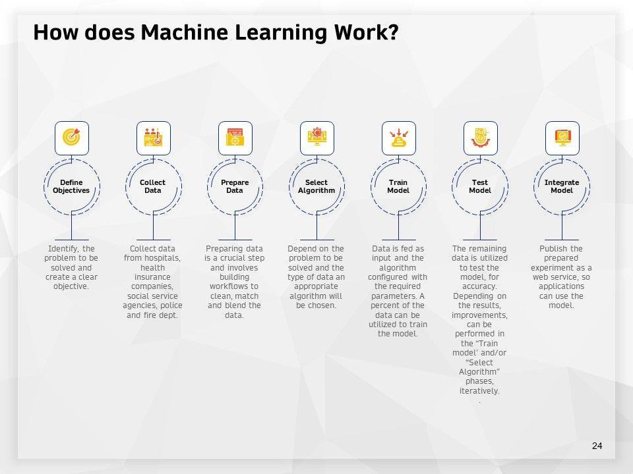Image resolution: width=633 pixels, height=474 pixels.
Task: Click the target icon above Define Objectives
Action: pyautogui.click(x=71, y=138)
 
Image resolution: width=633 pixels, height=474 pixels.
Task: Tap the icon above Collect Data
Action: pyautogui.click(x=153, y=138)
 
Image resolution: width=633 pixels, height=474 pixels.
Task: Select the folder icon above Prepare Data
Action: pyautogui.click(x=235, y=138)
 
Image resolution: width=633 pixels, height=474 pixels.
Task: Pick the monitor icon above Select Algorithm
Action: pyautogui.click(x=316, y=138)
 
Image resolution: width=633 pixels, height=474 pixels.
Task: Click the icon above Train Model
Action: pyautogui.click(x=398, y=138)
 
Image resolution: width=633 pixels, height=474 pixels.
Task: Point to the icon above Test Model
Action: pyautogui.click(x=480, y=138)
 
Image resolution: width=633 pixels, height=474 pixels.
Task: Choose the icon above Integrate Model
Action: pyautogui.click(x=562, y=138)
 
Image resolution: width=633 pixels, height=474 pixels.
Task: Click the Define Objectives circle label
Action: pyautogui.click(x=71, y=186)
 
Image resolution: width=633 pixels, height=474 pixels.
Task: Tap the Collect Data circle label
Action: pyautogui.click(x=153, y=186)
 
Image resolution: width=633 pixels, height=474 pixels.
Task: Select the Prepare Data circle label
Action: pyautogui.click(x=235, y=186)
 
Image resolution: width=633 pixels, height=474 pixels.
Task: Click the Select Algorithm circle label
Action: pyautogui.click(x=316, y=186)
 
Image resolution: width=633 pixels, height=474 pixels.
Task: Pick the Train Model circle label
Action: pyautogui.click(x=398, y=186)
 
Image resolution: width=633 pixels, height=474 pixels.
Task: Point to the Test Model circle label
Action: pyautogui.click(x=480, y=186)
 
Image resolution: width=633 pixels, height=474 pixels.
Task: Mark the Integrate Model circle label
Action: pyautogui.click(x=562, y=186)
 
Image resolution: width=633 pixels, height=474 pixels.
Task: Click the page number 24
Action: pyautogui.click(x=597, y=446)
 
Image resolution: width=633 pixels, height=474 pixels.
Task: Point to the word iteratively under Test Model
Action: pyautogui.click(x=479, y=391)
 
